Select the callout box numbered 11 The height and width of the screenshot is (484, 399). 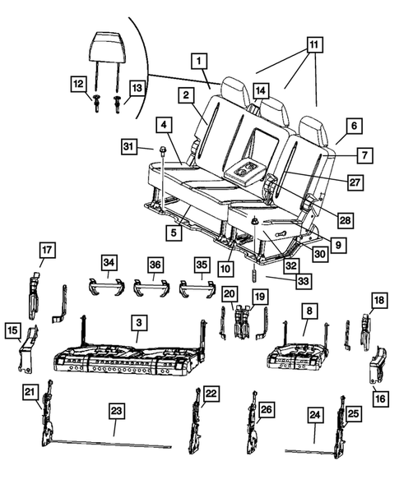click(313, 44)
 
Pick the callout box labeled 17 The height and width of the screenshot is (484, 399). click(47, 249)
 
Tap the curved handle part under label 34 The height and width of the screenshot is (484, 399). click(107, 288)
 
